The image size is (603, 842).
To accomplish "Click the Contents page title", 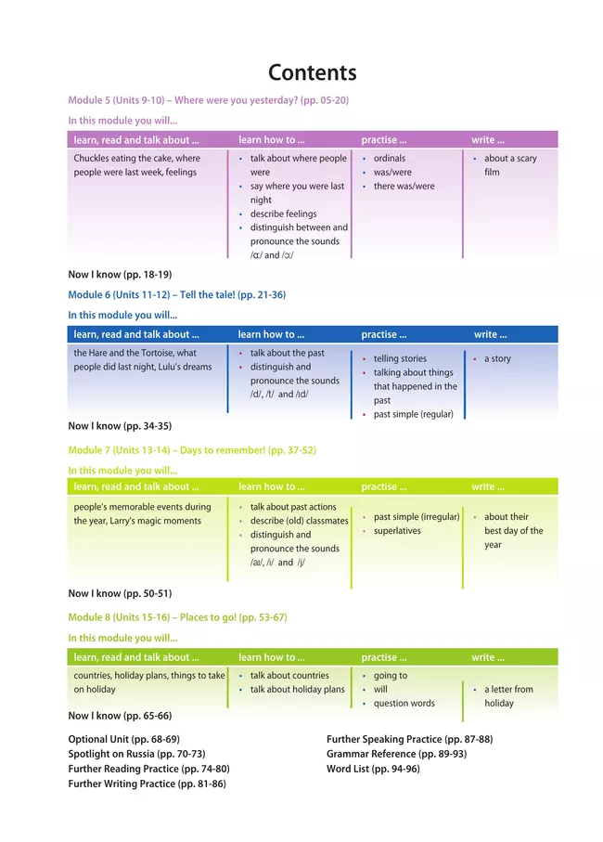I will coord(312,73).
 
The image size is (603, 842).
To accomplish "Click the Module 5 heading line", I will coord(208,100).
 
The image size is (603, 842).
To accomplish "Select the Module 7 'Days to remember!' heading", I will coord(192,450).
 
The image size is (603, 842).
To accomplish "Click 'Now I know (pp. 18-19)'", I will coord(120,274).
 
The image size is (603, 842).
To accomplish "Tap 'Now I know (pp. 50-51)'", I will coord(120,593).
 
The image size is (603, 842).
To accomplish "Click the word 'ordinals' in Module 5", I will coord(390,159).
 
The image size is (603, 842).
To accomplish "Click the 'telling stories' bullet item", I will coord(400,358).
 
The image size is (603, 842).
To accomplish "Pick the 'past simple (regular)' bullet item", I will coord(413,414).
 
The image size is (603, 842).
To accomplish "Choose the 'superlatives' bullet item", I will coord(397,531).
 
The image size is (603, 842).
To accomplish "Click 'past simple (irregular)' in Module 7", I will coord(417,517).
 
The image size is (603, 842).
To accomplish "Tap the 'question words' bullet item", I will coord(404,704).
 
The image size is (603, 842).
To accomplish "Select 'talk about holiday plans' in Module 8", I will coord(297,690).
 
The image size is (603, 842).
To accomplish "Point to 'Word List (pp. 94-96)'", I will coord(373,769).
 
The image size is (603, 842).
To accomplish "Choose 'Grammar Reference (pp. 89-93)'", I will coord(396,754).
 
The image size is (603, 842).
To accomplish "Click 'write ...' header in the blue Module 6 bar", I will coord(491,334).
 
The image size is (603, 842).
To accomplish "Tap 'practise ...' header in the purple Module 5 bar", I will coord(383,140).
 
